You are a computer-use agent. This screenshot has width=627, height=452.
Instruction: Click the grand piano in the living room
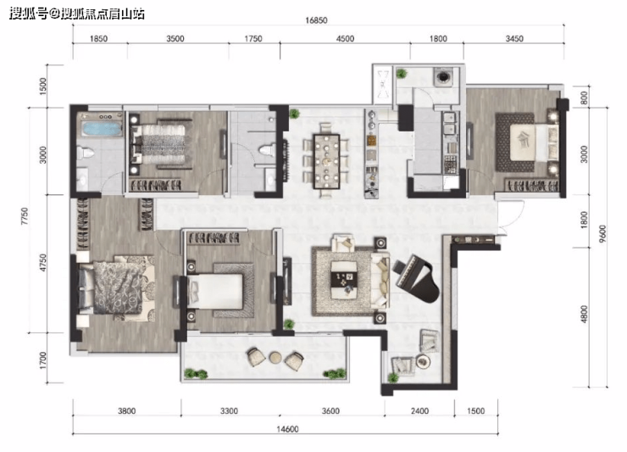[x=417, y=278]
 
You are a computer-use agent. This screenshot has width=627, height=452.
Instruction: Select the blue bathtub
[x=102, y=129]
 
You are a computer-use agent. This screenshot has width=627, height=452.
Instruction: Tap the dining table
[x=327, y=161]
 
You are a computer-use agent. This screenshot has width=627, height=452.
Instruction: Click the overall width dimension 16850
[x=316, y=20]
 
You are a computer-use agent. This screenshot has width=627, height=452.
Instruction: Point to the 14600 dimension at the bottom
[x=287, y=429]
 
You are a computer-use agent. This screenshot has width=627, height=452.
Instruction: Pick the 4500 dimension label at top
[x=345, y=38]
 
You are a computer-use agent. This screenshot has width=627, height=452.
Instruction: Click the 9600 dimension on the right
[x=602, y=233]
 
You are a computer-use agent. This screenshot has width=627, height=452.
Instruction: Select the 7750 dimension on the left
[x=25, y=215]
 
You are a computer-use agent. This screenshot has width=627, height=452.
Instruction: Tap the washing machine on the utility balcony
[x=443, y=76]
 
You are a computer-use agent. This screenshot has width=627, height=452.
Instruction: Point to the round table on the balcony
[x=275, y=357]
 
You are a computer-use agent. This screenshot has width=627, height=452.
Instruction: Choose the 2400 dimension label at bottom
[x=419, y=410]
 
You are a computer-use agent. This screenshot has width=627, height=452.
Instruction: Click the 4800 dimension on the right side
[x=585, y=314]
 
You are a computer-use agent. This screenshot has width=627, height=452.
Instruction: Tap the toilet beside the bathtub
[x=86, y=153]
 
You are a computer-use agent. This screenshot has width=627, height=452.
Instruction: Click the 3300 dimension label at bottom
[x=229, y=410]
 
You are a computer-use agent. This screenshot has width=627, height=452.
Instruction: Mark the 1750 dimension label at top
[x=253, y=38]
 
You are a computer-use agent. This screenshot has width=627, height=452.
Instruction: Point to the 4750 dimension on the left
[x=42, y=263]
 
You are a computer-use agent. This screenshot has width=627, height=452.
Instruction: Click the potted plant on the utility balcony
[x=401, y=74]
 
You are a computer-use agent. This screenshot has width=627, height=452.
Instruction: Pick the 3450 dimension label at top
[x=514, y=38]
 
